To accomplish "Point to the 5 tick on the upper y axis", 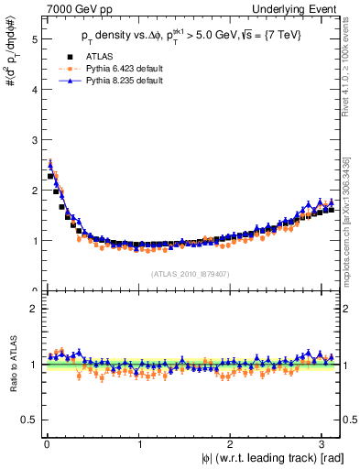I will (x=33, y=40).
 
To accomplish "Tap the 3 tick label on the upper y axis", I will (x=33, y=141).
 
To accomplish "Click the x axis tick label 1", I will (x=139, y=444).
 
